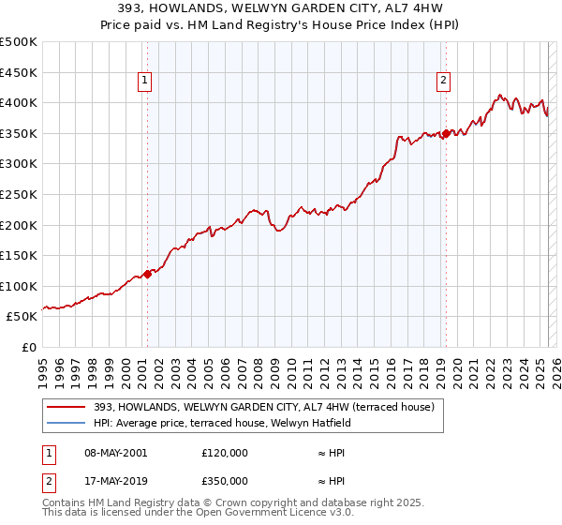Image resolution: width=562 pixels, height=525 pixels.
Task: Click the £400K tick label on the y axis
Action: tap(18, 103)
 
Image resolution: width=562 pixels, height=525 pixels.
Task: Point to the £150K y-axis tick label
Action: tap(18, 255)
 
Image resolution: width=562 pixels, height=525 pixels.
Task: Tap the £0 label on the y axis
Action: tap(28, 347)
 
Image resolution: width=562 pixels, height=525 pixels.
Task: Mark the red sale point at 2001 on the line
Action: tap(148, 275)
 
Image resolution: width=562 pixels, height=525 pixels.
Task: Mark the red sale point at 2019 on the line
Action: tap(447, 133)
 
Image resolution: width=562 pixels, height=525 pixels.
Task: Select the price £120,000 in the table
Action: tap(225, 452)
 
